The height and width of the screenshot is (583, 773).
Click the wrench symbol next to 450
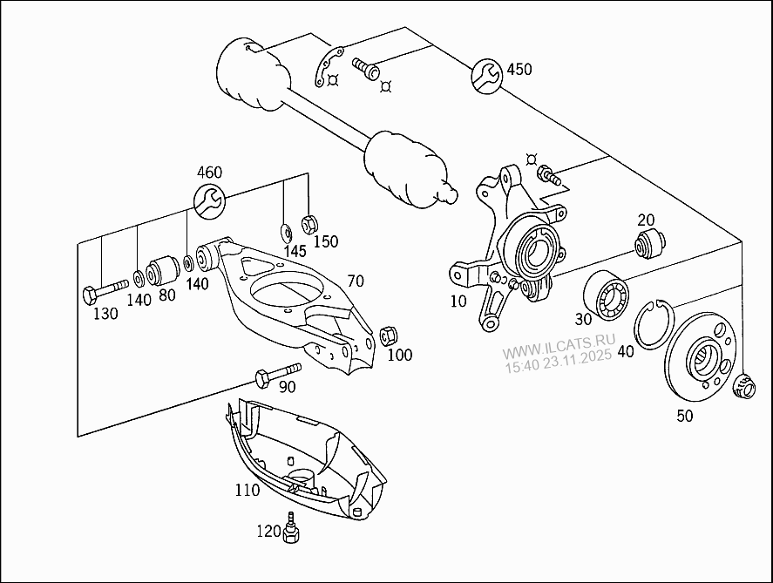[487, 75]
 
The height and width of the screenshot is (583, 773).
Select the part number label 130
[105, 314]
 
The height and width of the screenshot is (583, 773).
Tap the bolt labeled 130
[104, 290]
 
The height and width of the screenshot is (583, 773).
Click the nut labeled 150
[308, 224]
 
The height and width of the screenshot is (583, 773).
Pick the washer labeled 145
[286, 231]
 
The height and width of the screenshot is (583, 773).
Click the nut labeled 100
[390, 334]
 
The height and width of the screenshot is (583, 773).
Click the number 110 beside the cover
[247, 490]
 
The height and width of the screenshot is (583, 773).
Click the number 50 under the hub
[685, 416]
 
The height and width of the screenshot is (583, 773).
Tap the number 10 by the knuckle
[458, 302]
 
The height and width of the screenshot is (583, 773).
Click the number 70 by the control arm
[355, 281]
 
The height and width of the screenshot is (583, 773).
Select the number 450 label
[519, 70]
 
